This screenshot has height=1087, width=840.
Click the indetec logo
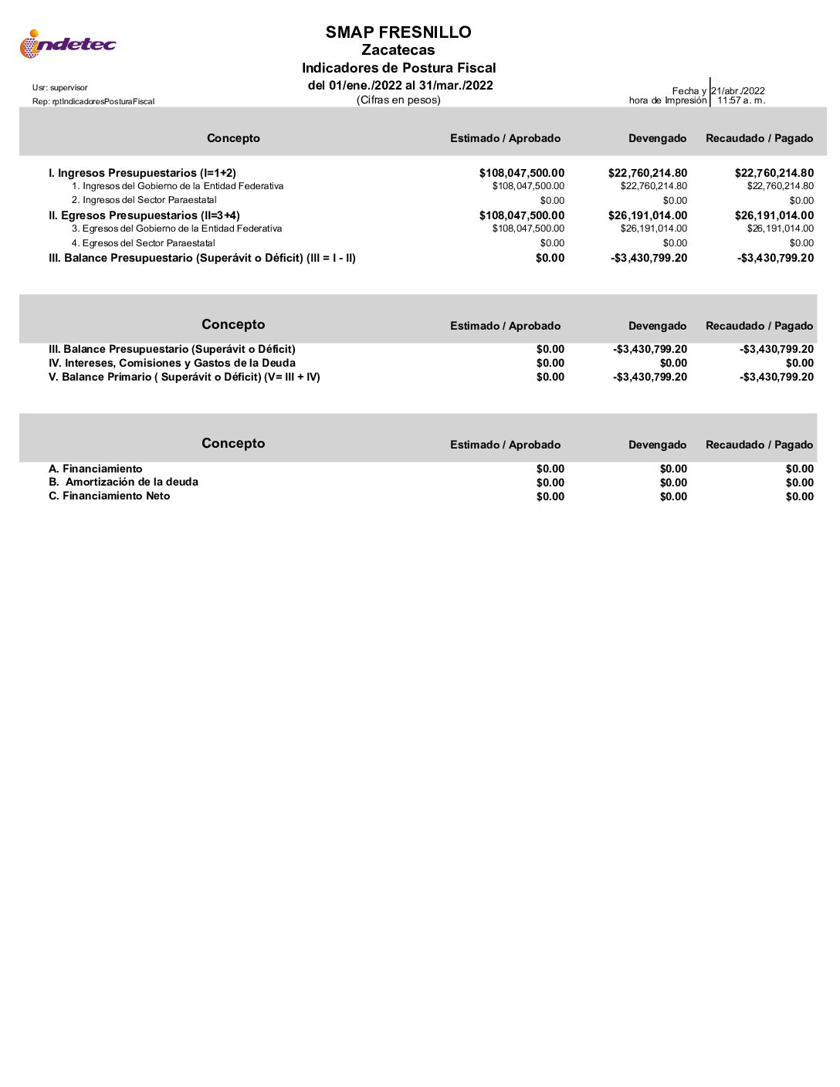coord(67,44)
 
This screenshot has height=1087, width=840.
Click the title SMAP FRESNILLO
coord(398,32)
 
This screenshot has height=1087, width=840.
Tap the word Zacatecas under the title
coord(398,50)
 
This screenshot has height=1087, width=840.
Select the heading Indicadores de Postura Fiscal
coord(398,68)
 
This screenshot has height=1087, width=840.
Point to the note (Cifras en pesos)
coord(398,100)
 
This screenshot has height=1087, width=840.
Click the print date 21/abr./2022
coord(738,90)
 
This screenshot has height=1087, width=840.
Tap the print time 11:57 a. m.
coord(741,100)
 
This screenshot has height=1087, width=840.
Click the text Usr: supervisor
coord(60,88)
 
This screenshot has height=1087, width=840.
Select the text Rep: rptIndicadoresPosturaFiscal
coord(93,102)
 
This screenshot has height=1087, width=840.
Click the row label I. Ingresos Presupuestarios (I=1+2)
coord(142,173)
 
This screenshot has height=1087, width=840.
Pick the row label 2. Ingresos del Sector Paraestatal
coord(144,200)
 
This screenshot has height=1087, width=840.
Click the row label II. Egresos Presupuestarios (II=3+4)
coord(144,215)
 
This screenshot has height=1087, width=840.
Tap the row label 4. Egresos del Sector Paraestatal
coord(144,243)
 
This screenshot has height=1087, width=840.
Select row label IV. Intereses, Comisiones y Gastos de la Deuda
coord(172,363)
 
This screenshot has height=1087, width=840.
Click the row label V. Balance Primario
coord(184,377)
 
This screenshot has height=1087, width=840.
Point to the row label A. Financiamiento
coord(96,469)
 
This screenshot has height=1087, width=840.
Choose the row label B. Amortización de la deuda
coord(124,482)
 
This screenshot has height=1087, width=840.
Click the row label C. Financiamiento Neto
coord(110,496)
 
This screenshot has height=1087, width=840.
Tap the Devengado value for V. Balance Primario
coord(650,377)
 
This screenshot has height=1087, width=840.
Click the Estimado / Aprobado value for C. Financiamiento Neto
coord(550,496)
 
